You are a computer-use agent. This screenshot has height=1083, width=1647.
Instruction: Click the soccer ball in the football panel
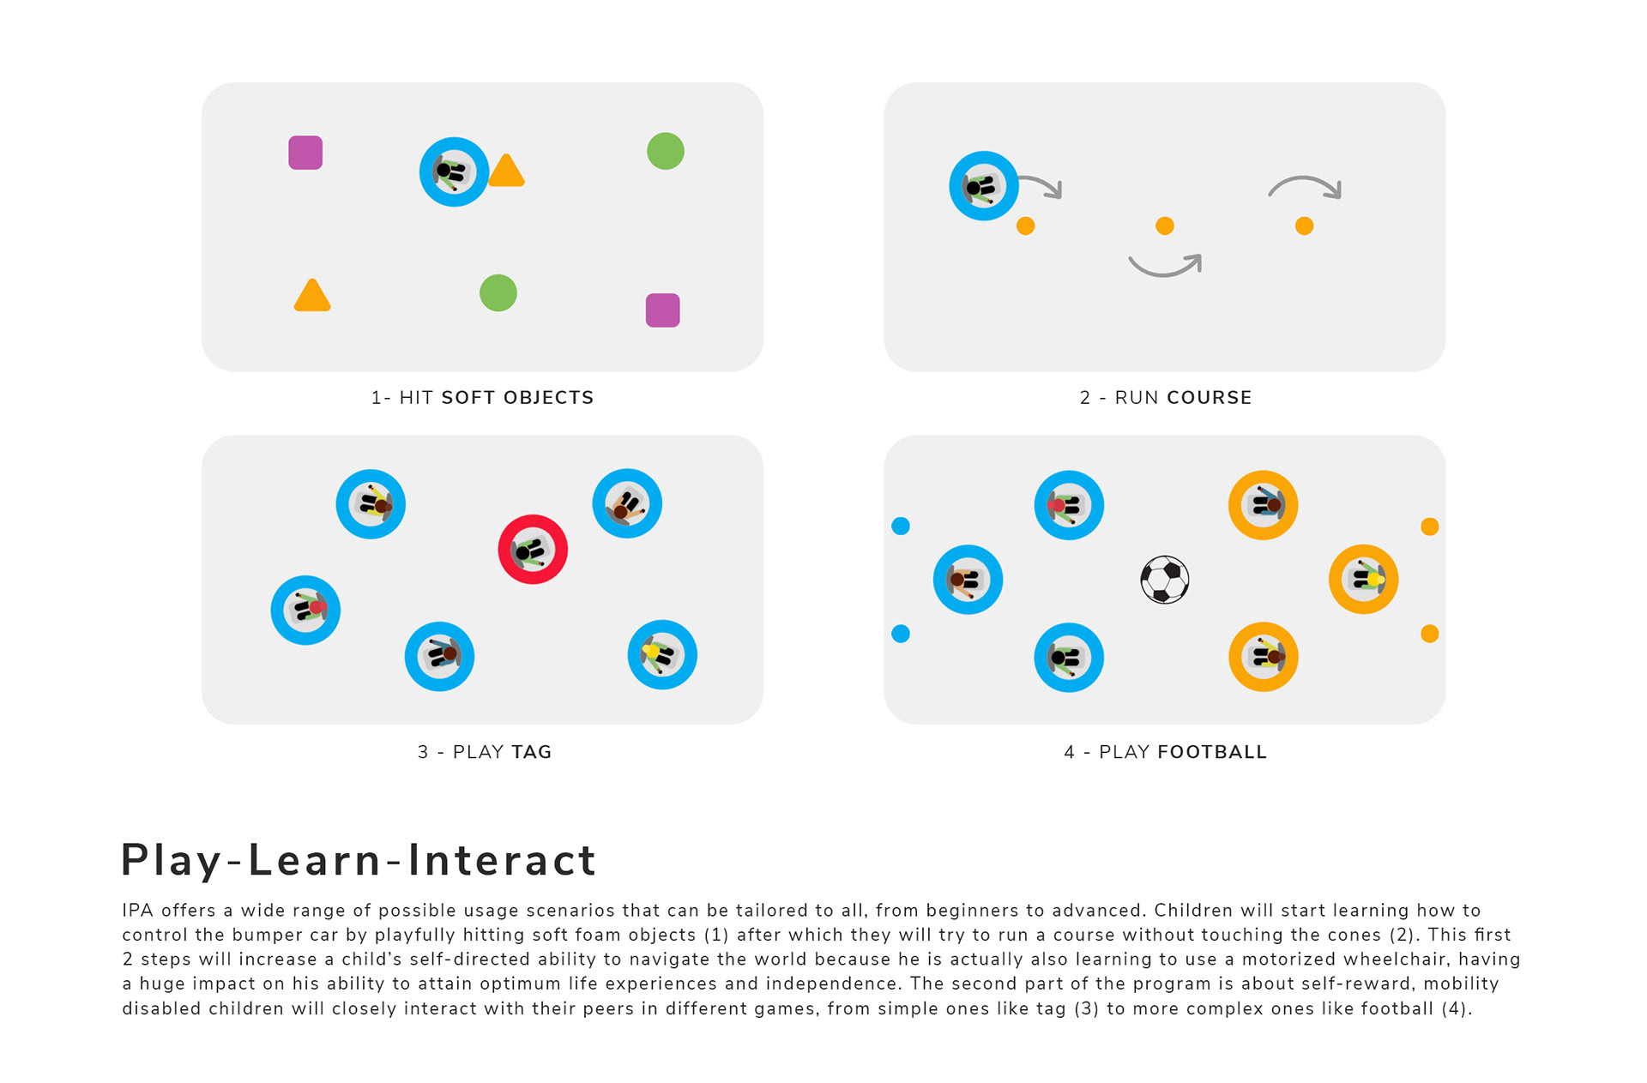pyautogui.click(x=1164, y=580)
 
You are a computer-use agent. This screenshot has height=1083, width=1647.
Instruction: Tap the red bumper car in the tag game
pyautogui.click(x=533, y=550)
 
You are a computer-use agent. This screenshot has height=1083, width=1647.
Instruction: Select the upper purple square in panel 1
pyautogui.click(x=305, y=153)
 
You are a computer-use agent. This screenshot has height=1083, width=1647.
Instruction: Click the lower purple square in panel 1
pyautogui.click(x=662, y=310)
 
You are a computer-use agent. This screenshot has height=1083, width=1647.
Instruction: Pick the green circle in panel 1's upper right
pyautogui.click(x=666, y=151)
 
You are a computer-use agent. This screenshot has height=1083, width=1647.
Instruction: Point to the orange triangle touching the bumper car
pyautogui.click(x=506, y=171)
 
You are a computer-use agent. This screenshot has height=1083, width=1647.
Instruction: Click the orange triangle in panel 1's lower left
pyautogui.click(x=312, y=296)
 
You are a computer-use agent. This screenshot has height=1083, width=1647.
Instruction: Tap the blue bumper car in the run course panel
pyautogui.click(x=983, y=186)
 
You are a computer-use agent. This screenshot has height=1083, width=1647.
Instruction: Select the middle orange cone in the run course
pyautogui.click(x=1164, y=226)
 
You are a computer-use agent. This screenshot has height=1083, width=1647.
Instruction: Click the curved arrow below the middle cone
pyautogui.click(x=1164, y=266)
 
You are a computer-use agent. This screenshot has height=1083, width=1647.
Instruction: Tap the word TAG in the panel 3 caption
pyautogui.click(x=532, y=752)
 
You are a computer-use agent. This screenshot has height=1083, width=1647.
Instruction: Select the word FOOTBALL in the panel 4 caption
pyautogui.click(x=1211, y=752)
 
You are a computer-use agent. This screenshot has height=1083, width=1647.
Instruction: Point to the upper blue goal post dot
pyautogui.click(x=901, y=526)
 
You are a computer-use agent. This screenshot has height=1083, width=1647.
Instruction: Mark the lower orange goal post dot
pyautogui.click(x=1429, y=634)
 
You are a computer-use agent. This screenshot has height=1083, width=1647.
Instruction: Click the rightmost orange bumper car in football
pyautogui.click(x=1363, y=580)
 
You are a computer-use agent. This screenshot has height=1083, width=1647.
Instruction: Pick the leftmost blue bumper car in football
pyautogui.click(x=968, y=580)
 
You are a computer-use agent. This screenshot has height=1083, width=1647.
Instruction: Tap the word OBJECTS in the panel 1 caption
pyautogui.click(x=548, y=398)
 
